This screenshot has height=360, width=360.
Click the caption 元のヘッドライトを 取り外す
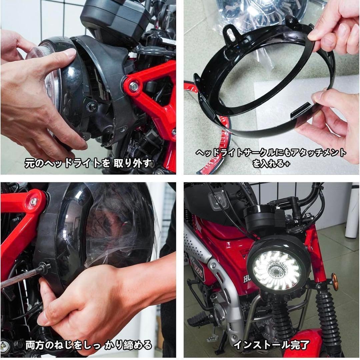point(88,163)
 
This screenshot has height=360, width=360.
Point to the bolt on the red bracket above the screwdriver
point(33,201)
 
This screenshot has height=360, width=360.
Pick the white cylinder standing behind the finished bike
point(352,210)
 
